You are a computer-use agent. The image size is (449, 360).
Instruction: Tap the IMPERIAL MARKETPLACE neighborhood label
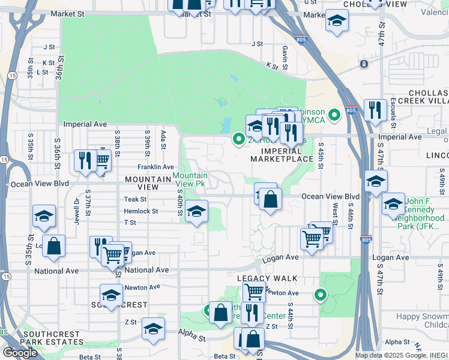[x=282, y=154]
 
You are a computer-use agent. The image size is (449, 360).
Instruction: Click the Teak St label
[x=135, y=199]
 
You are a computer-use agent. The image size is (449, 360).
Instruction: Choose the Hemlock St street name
[x=140, y=211]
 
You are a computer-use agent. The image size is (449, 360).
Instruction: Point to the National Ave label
[x=144, y=271]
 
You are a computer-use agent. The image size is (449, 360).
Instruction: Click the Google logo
[x=20, y=352]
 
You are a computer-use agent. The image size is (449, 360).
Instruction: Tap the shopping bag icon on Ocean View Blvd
[x=271, y=200]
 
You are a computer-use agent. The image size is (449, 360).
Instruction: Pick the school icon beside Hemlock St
[x=196, y=212]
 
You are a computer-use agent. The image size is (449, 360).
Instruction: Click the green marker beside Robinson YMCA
[x=334, y=112]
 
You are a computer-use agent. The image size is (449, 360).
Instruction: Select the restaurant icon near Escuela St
[x=375, y=110]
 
